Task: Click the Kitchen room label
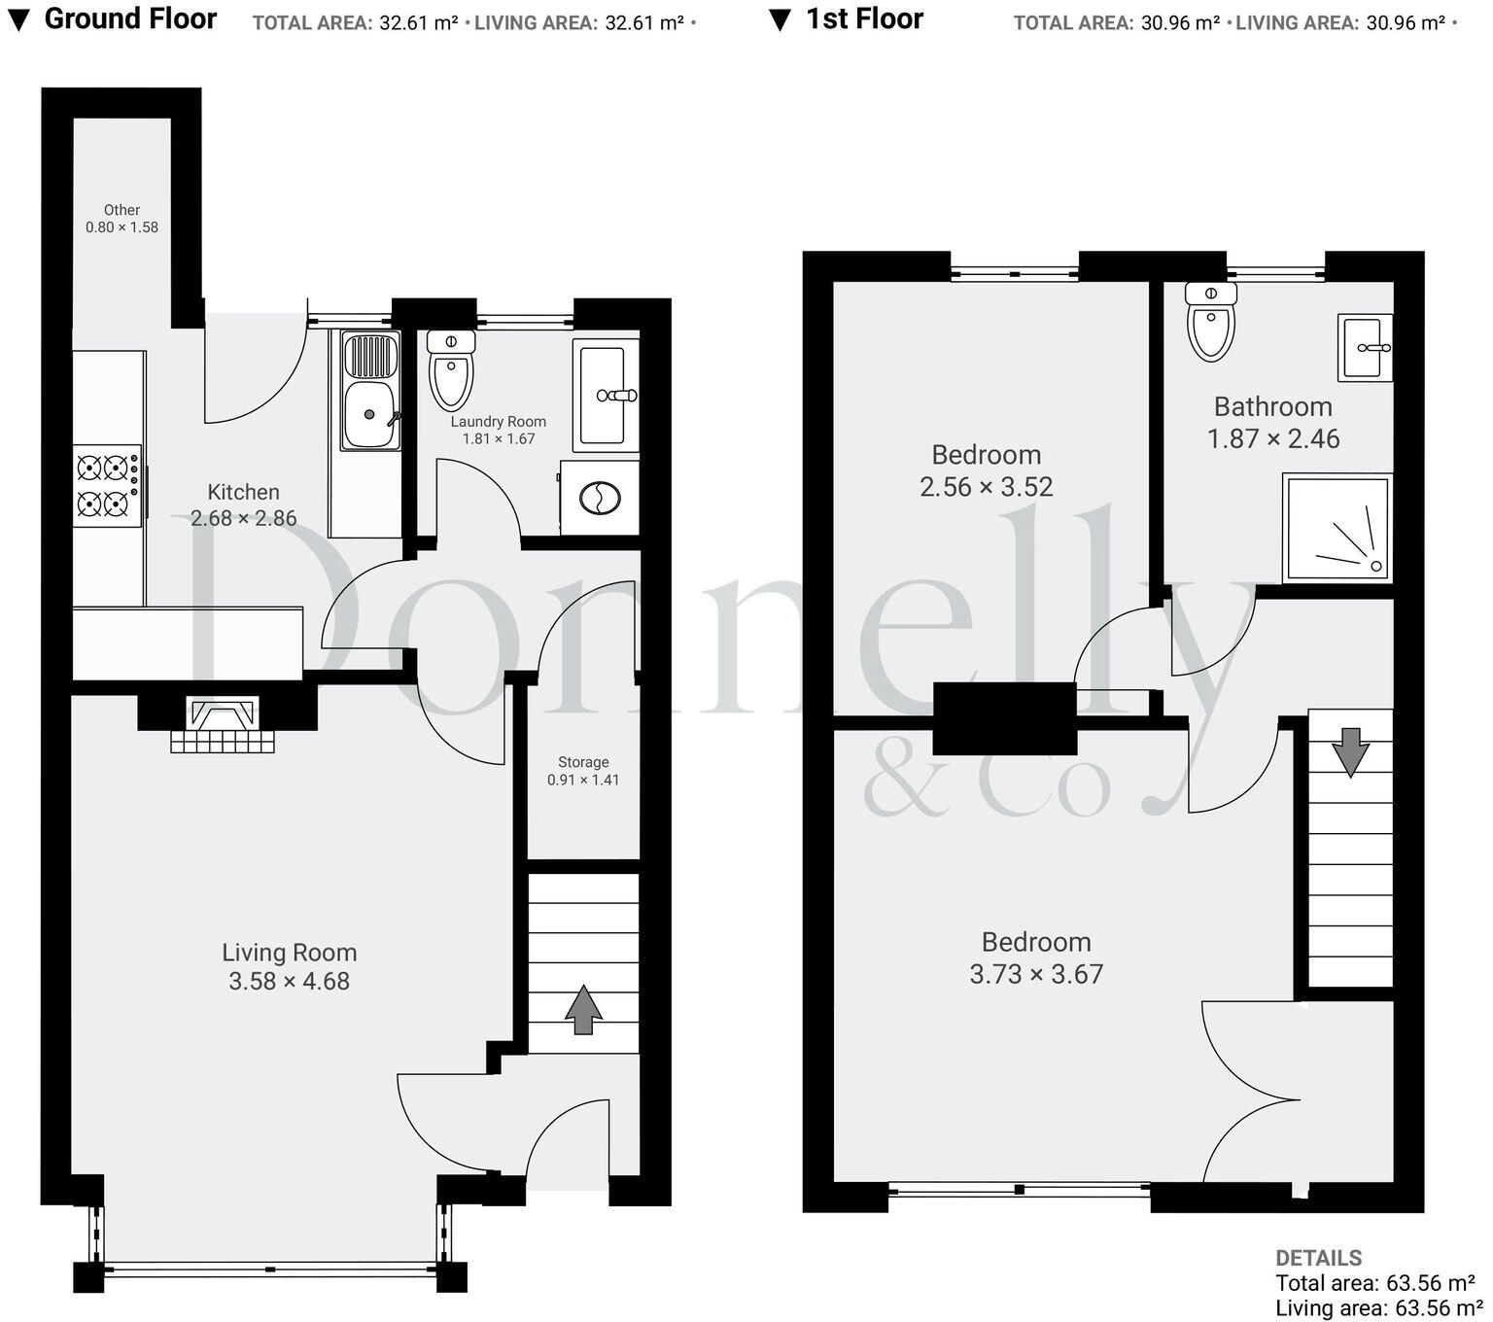tap(243, 492)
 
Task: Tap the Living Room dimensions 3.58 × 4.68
tap(289, 982)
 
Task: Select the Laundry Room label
tap(498, 422)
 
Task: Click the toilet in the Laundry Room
tap(451, 371)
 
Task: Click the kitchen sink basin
tap(369, 414)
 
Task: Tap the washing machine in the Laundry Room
tap(600, 499)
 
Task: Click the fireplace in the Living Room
tap(223, 723)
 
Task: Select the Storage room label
tap(583, 762)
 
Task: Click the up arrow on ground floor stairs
tap(583, 1010)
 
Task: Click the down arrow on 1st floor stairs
tap(1350, 751)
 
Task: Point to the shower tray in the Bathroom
tap(1337, 529)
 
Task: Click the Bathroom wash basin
tap(1365, 347)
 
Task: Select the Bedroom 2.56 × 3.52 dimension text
tap(986, 487)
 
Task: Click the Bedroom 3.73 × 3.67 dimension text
tap(1036, 974)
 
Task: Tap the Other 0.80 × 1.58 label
tap(122, 219)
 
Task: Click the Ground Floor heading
tap(130, 18)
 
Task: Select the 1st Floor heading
tap(864, 18)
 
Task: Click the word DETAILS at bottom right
tap(1318, 1258)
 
